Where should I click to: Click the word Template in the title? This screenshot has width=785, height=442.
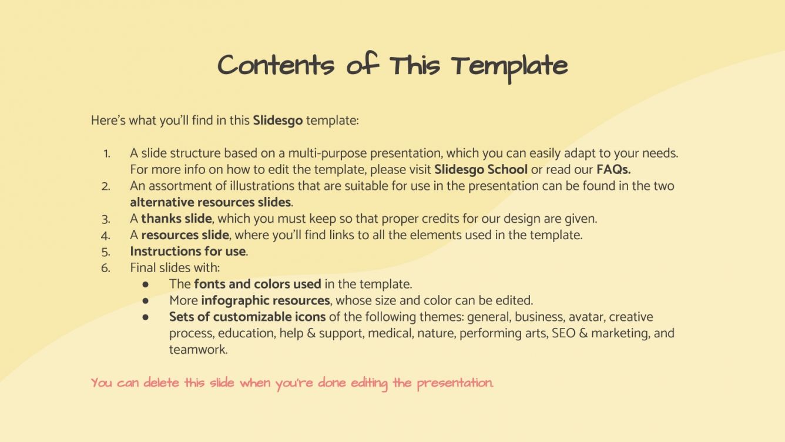point(509,66)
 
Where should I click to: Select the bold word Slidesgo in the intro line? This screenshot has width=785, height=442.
point(278,121)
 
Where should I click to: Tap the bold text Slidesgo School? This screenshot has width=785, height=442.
point(481,169)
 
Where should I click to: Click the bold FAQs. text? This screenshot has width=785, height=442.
point(613,169)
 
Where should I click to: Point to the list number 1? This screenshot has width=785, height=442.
point(106,153)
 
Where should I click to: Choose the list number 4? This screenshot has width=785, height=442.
point(106,236)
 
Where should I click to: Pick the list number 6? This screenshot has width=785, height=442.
point(106,269)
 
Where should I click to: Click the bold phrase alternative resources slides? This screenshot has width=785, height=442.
point(211,202)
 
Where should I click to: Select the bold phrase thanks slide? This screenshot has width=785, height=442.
point(176,219)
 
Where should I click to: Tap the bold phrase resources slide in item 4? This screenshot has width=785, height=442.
point(184,235)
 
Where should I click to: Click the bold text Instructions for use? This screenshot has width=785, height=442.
point(188,252)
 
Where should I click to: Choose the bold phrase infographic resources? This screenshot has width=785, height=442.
point(265,301)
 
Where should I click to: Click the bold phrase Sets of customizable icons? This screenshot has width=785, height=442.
point(247,317)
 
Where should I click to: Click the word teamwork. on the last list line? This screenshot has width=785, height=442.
point(198,350)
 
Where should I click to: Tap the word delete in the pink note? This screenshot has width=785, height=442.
point(162,383)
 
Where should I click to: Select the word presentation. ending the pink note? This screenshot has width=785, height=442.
point(455,384)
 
